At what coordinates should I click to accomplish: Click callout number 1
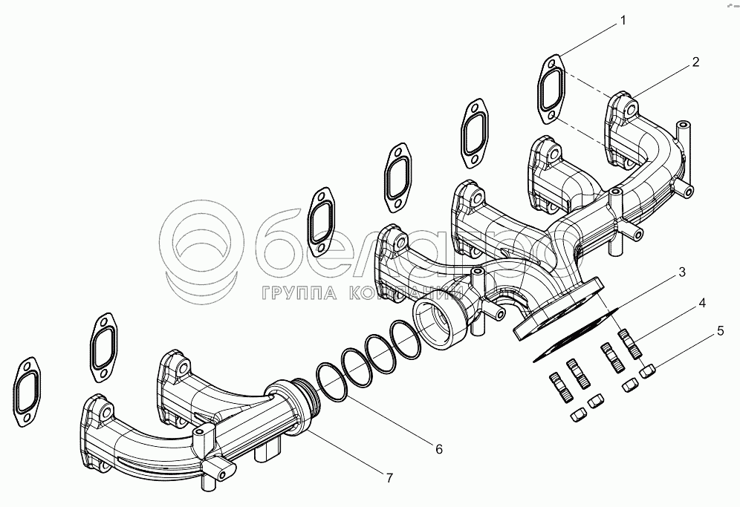(623, 21)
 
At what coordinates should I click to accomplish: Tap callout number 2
(695, 62)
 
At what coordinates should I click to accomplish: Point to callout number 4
(701, 303)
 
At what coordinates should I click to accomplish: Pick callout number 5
(720, 331)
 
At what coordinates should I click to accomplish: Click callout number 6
(438, 448)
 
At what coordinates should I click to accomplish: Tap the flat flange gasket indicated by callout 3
(576, 332)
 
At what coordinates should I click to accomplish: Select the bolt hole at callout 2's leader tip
(629, 109)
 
